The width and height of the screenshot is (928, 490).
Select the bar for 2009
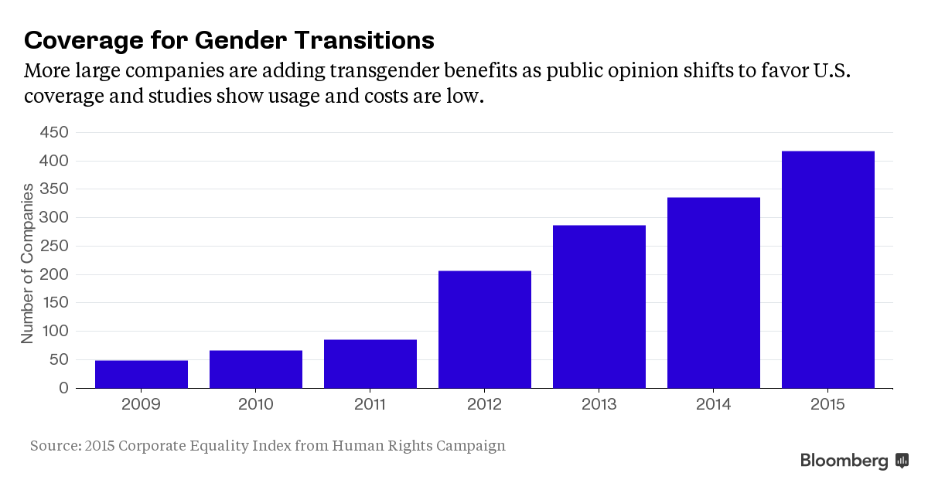click(142, 374)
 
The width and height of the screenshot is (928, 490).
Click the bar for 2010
click(256, 369)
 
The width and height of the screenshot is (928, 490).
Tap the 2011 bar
click(370, 363)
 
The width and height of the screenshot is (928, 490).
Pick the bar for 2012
click(485, 329)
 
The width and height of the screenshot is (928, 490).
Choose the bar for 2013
click(599, 306)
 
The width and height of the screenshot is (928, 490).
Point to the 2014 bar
click(714, 292)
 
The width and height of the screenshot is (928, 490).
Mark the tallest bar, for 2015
click(828, 269)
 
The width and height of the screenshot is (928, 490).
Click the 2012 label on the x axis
click(485, 404)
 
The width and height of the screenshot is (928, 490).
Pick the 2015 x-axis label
click(828, 404)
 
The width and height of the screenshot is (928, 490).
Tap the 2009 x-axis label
click(142, 404)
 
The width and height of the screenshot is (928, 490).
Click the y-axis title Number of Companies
click(27, 263)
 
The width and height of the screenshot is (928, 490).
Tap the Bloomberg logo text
click(844, 461)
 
